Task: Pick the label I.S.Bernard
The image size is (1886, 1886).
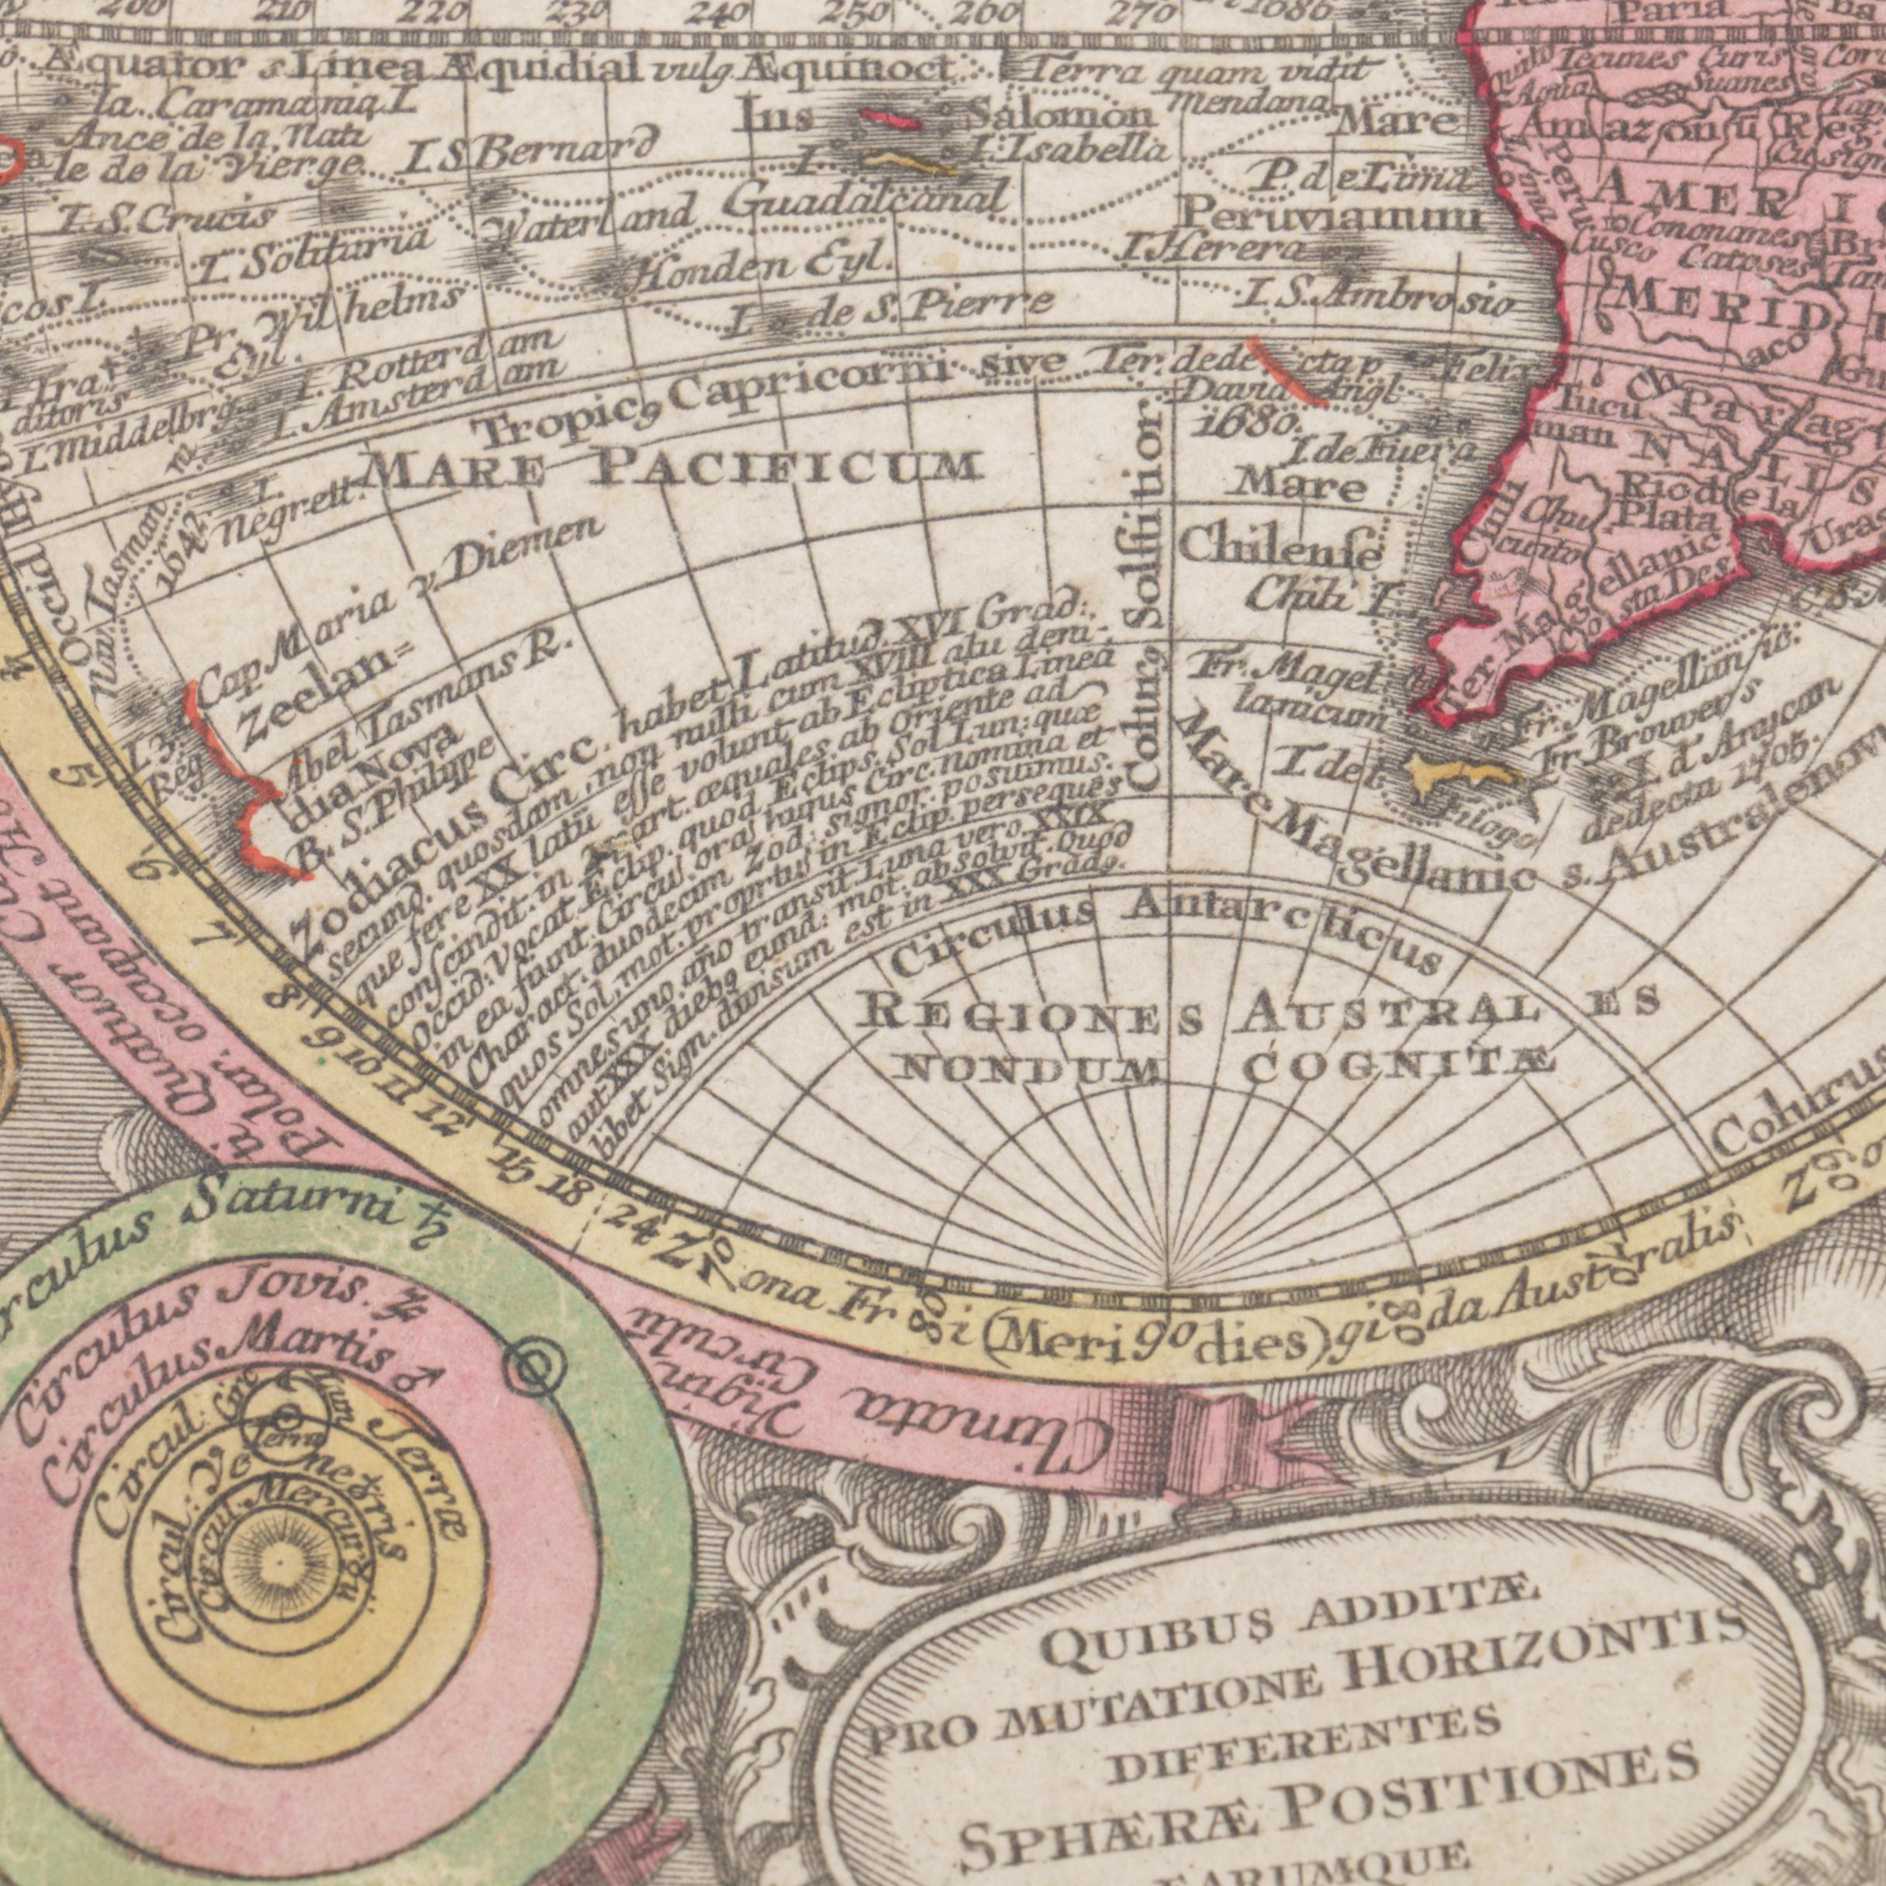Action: [527, 156]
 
